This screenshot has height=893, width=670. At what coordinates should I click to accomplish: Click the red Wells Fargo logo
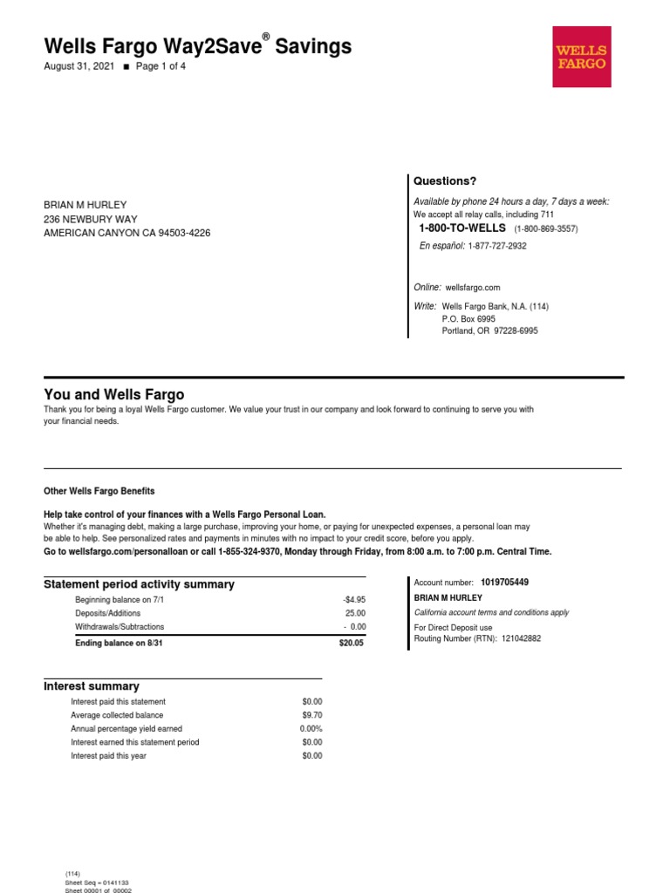pos(581,57)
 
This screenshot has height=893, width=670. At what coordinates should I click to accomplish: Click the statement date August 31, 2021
pos(79,66)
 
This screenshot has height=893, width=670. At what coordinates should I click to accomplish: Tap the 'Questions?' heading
pos(445,181)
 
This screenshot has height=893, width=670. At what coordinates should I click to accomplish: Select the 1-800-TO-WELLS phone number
pos(461,228)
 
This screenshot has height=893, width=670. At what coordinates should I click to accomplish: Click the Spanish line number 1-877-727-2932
pos(496,246)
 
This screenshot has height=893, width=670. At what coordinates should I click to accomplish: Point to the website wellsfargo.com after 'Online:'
pos(473,287)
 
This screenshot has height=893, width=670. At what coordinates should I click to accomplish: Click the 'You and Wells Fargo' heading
pos(113,394)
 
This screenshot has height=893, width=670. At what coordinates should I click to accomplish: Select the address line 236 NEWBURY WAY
pos(91,219)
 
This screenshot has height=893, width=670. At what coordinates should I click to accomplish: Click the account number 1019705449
pos(504,582)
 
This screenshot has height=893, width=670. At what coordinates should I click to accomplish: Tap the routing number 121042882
pos(515,638)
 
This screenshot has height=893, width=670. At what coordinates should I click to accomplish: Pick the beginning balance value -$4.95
pos(353,600)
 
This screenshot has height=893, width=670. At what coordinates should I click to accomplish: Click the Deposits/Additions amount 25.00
pos(355,613)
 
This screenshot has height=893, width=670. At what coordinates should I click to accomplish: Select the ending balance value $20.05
pos(352,644)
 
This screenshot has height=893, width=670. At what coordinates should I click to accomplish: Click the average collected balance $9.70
pos(311,715)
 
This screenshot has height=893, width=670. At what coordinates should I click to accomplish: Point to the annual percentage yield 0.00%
pos(311,729)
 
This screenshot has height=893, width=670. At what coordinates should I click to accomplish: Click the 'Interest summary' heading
pos(92,686)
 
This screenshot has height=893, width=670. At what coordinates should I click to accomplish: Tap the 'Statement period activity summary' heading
pos(139,584)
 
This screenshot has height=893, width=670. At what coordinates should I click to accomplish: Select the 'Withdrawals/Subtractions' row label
pos(120,627)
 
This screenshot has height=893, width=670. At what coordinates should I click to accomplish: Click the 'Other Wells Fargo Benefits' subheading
pos(99,491)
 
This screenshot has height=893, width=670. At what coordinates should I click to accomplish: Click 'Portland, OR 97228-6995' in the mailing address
pos(489,331)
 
